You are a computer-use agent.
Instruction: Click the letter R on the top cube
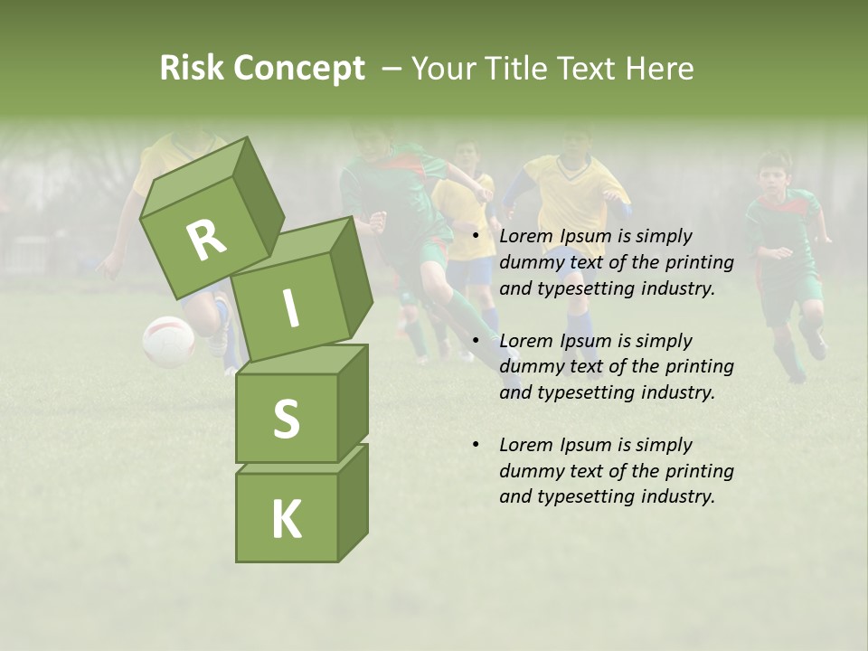coord(205,240)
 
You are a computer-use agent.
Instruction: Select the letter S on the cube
coord(286,419)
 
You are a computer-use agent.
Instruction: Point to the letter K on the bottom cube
coord(286,519)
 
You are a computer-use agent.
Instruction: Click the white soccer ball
coord(168,341)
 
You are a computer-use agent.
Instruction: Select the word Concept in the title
coord(299,68)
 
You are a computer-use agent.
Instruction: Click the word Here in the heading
coord(661,68)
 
